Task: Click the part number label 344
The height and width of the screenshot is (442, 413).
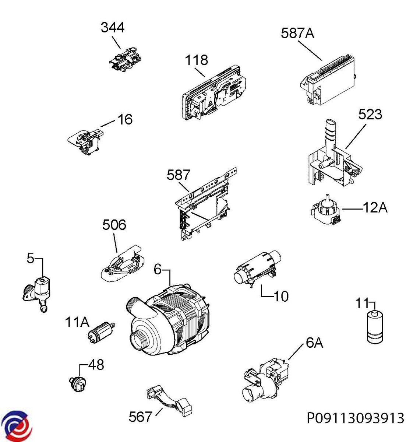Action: pos(113,28)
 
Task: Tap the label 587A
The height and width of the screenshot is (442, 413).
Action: pos(297,34)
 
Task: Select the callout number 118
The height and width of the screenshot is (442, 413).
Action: pos(196,60)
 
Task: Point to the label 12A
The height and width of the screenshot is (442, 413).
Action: pos(375,208)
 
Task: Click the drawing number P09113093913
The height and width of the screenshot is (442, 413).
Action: pos(355,418)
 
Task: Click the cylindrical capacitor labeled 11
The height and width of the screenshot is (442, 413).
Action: pos(375,327)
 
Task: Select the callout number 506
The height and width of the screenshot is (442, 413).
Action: pos(114,225)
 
